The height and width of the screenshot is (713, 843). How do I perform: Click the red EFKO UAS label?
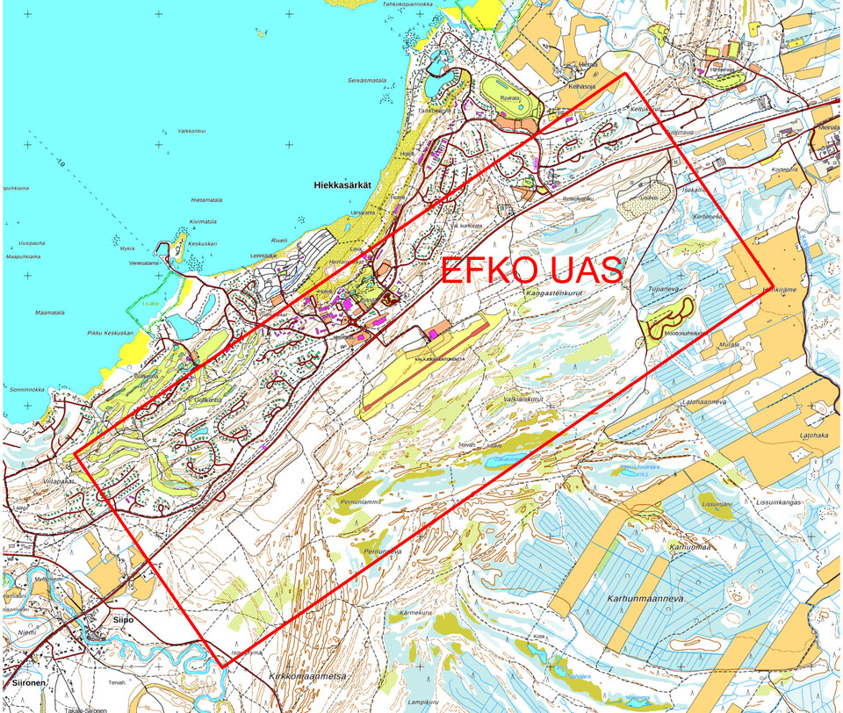coord(531,270)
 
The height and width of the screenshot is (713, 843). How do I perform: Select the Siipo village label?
coord(122,618)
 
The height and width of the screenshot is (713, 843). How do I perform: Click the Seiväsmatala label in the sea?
coord(367,80)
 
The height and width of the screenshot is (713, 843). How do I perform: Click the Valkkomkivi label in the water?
coord(191,131)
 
